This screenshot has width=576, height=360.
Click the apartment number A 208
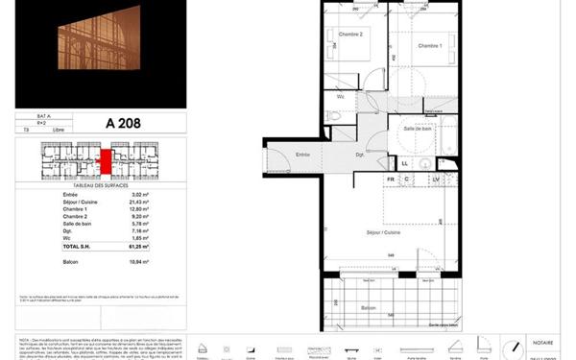(x=118, y=123)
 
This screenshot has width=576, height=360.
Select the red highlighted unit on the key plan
(x=107, y=160)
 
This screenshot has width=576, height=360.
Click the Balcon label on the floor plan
(x=368, y=307)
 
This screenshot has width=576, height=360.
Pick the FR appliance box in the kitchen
(x=391, y=180)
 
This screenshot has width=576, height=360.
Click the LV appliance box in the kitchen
(x=435, y=180)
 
